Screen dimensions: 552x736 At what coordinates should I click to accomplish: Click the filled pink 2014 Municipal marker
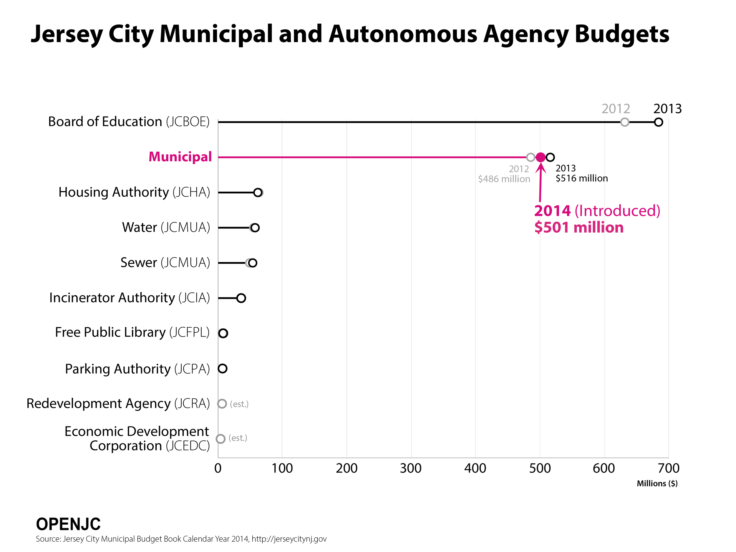[541, 157]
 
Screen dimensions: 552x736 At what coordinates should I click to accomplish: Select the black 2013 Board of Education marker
[658, 122]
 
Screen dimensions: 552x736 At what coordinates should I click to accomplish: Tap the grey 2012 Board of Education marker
[624, 122]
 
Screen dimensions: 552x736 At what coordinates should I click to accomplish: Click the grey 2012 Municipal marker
[531, 157]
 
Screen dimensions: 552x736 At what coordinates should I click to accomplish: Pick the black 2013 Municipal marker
[550, 157]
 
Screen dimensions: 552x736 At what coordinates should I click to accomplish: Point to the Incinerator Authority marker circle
[241, 298]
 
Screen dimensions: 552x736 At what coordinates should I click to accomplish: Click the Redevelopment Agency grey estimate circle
[222, 404]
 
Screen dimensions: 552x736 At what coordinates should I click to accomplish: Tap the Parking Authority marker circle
[223, 368]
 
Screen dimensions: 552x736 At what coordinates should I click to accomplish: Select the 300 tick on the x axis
[411, 468]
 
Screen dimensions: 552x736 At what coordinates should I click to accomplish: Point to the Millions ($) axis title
[657, 483]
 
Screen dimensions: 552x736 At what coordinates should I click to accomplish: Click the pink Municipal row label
[180, 157]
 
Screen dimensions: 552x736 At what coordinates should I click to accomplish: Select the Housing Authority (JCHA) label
[134, 192]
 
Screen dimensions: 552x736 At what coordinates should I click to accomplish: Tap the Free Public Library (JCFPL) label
[132, 332]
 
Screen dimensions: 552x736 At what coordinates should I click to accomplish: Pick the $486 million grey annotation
[504, 179]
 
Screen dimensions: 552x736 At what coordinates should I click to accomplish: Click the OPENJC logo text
[68, 524]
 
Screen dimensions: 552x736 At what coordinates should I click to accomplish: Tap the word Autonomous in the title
[403, 34]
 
